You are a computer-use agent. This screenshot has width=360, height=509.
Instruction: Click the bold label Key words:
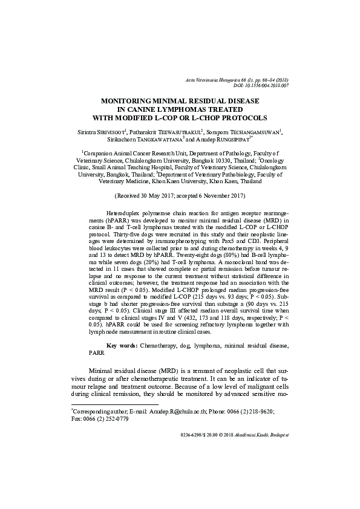click(x=122, y=345)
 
